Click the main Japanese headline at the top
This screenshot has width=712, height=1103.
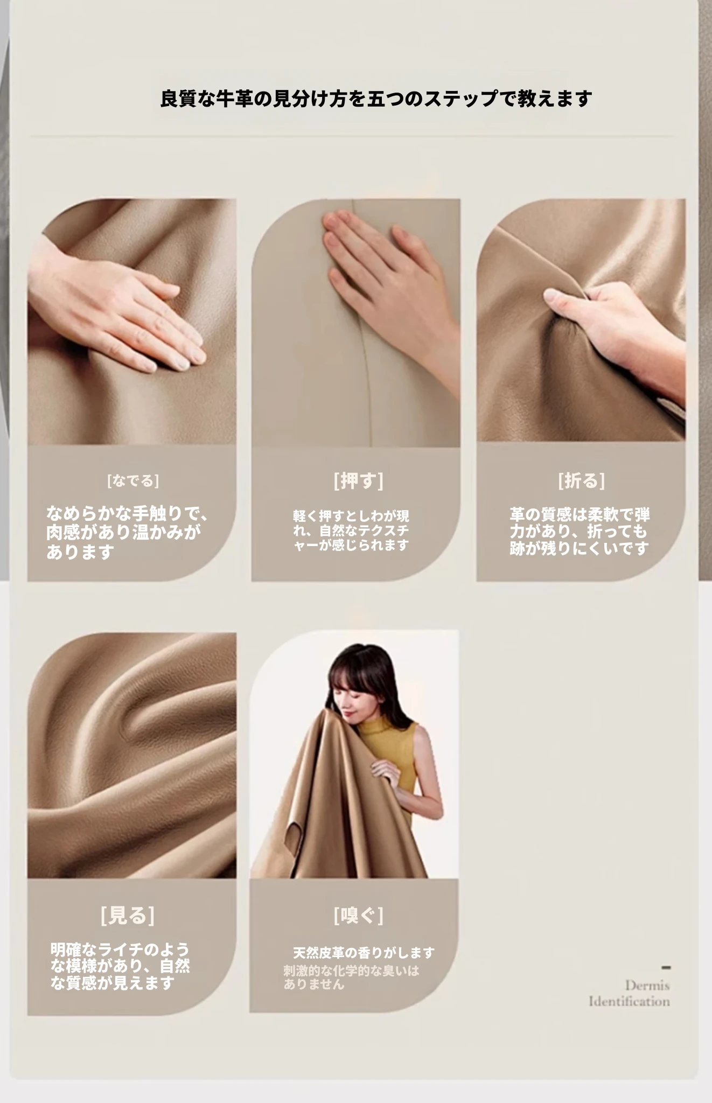click(x=376, y=99)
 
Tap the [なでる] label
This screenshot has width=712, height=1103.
click(x=133, y=480)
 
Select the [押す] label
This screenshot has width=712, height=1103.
click(x=358, y=480)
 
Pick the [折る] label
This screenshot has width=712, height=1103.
click(x=581, y=480)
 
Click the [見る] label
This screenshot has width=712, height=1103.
click(x=127, y=915)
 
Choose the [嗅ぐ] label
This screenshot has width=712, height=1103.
click(x=358, y=915)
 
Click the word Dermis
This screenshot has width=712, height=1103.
click(x=647, y=986)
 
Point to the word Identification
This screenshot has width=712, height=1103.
click(x=630, y=1002)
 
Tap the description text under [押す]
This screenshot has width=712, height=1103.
click(x=351, y=530)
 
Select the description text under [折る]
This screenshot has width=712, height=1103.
click(x=580, y=532)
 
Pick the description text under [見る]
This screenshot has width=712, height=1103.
click(x=120, y=966)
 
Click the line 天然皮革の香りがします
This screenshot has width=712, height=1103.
click(x=364, y=953)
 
